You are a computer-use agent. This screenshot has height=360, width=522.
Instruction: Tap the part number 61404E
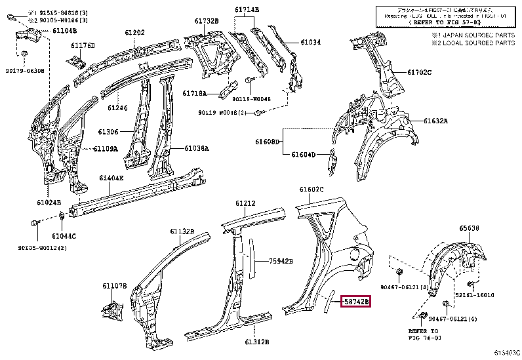(111, 178)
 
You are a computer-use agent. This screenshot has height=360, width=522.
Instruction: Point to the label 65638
(469, 229)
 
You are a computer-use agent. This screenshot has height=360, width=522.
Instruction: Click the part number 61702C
(419, 72)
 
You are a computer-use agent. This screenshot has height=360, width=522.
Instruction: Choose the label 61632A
(435, 121)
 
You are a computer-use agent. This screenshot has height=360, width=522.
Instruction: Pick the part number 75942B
(281, 261)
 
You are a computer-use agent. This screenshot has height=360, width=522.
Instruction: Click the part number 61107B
(113, 286)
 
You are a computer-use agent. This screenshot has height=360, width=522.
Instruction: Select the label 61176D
(83, 45)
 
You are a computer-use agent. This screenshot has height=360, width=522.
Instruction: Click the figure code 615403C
(507, 353)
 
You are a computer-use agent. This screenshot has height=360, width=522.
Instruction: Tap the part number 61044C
(65, 235)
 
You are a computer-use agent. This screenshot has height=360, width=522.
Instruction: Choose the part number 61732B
(206, 21)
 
